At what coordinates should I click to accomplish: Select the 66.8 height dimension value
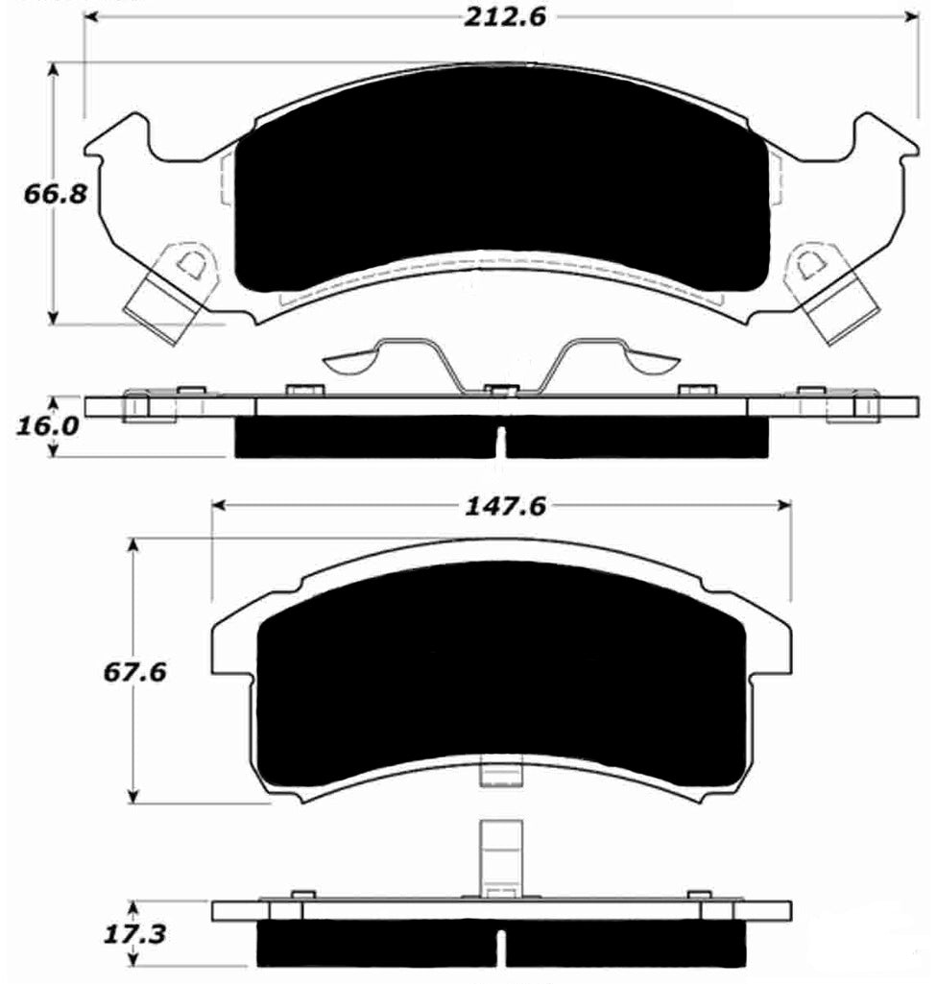[56, 194]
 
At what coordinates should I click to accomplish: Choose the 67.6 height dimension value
[134, 671]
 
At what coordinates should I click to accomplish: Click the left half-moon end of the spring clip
[350, 362]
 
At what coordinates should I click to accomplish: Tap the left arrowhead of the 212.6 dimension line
[92, 16]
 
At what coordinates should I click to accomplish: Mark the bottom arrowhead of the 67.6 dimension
[134, 796]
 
